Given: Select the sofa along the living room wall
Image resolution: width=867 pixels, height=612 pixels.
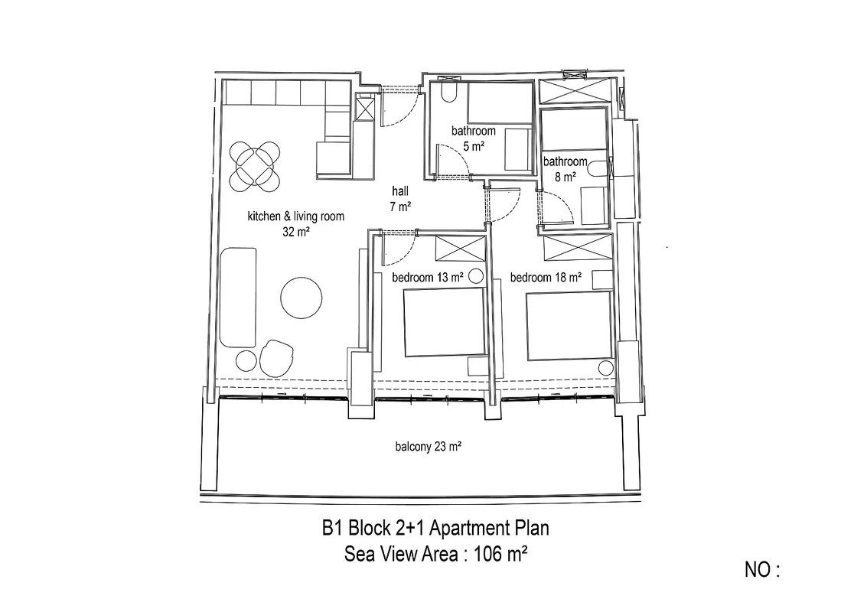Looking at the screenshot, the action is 238,298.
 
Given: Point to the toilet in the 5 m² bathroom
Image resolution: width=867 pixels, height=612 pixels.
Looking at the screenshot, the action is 449,92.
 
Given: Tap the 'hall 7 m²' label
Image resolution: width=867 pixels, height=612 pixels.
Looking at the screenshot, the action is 400,199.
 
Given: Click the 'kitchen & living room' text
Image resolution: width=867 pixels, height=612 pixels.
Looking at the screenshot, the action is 296,216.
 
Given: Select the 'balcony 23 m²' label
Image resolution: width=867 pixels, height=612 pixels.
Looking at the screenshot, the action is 429,446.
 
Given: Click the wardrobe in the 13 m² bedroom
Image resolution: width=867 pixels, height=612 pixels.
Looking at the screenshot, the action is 461,248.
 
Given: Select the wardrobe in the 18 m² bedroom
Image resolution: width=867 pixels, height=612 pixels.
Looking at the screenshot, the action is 579,247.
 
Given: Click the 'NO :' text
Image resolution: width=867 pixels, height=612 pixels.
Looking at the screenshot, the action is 762,569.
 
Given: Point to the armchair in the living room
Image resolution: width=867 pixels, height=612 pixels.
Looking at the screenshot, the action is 276,358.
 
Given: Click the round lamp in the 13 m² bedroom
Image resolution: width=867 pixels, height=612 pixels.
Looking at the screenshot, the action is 475,276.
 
